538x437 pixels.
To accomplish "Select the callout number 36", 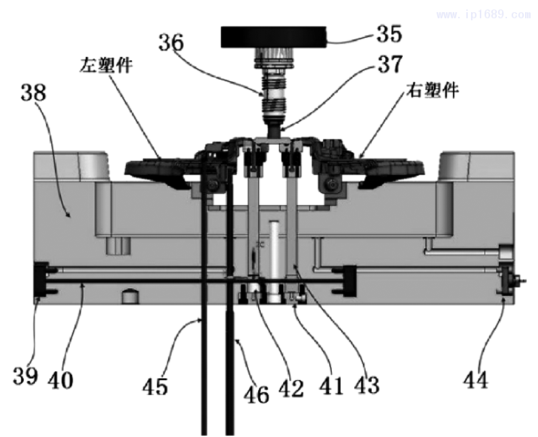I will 170,42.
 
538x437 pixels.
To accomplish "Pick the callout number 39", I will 25,375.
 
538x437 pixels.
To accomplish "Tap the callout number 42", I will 292,388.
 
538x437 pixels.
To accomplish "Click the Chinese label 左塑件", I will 103,66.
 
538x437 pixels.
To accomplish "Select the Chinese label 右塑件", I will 433,90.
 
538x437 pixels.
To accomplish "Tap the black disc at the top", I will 274,37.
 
